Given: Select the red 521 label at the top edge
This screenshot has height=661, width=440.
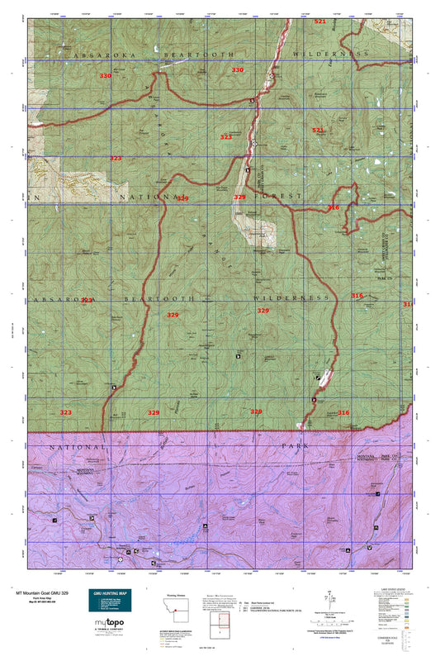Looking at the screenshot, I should (319, 21).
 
